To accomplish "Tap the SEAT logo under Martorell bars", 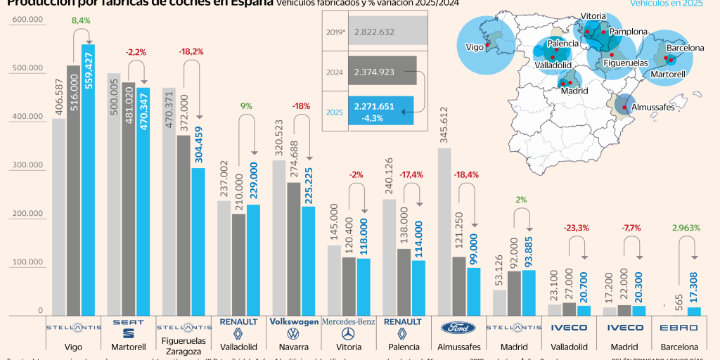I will coord(129,328).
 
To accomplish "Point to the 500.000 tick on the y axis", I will coord(26,68).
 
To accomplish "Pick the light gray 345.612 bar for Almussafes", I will coord(444,232).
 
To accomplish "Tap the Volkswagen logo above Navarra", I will coord(294,328).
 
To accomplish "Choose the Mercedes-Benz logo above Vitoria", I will coord(348,328).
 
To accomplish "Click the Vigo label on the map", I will coord(475,48).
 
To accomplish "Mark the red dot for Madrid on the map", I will coord(565,82).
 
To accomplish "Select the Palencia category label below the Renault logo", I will coord(404,347).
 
